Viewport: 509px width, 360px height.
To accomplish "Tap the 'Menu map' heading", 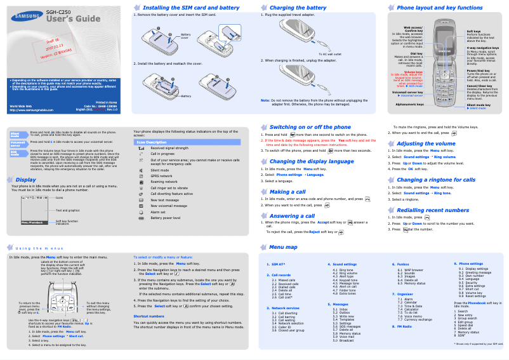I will click(283, 247).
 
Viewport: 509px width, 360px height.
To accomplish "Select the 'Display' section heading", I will click(25, 180).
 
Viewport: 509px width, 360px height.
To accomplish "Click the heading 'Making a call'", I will click(287, 192).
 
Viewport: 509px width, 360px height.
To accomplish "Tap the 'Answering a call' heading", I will click(291, 216).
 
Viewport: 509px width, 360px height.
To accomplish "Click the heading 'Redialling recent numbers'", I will click(433, 210).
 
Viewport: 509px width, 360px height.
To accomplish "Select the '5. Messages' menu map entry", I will click(341, 304).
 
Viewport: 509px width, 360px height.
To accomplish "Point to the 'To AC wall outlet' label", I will click(329, 55).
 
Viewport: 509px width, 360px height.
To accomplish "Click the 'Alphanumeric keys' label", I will click(408, 103).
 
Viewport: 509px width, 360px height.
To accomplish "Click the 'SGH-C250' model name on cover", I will click(58, 11).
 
